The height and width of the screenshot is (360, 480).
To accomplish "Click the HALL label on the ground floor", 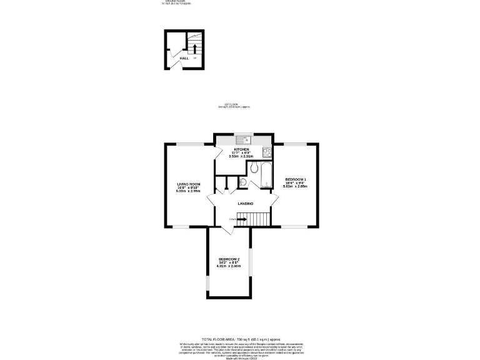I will (x=184, y=58).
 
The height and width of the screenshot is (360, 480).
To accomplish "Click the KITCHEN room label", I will (x=241, y=149).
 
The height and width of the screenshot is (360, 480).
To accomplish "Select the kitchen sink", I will (x=244, y=139).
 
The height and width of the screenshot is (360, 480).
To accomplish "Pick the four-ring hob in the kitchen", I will (x=267, y=152).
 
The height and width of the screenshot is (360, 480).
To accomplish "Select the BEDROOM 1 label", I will (x=294, y=179).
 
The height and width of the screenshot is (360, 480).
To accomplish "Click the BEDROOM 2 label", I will (x=229, y=259).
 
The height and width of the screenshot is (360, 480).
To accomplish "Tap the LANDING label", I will (x=246, y=204).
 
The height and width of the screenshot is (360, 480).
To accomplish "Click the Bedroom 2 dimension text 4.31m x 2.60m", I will (x=229, y=266).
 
